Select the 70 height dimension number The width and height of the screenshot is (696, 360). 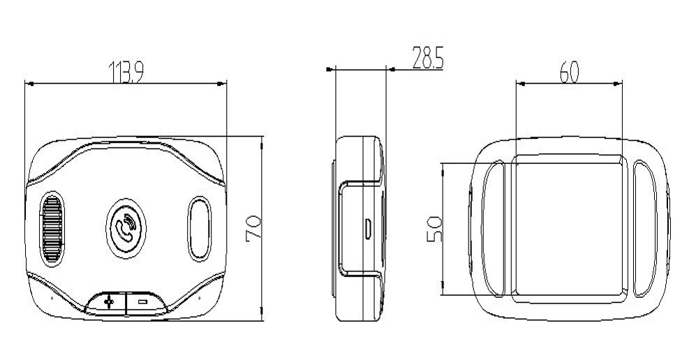(x=253, y=228)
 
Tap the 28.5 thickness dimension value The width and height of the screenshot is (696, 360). (x=427, y=59)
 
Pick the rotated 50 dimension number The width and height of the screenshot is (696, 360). (x=434, y=228)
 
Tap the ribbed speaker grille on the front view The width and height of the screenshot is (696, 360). (x=52, y=227)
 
